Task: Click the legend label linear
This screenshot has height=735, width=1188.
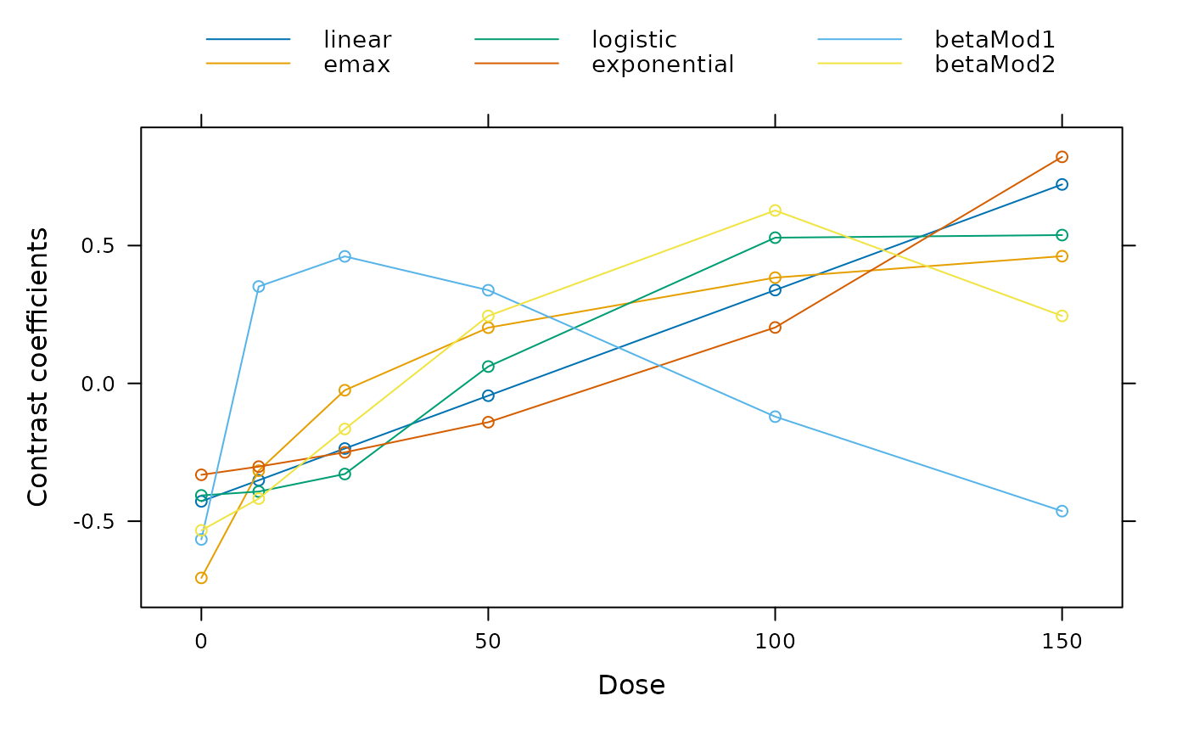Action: tap(357, 40)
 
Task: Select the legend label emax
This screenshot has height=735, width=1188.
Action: tap(357, 65)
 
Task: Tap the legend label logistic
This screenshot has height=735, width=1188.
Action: tap(634, 40)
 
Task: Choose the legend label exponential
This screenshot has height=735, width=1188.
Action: tap(663, 65)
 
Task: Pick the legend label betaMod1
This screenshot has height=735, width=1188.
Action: tap(995, 40)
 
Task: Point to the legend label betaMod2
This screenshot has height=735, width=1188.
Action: tap(995, 65)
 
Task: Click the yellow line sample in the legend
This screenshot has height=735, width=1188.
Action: tap(860, 64)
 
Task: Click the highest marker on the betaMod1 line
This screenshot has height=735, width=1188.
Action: tap(345, 256)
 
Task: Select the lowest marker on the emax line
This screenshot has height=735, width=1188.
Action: tap(201, 578)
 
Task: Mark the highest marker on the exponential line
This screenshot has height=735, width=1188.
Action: tap(1062, 157)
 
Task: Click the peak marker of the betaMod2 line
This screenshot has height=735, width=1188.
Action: tap(775, 210)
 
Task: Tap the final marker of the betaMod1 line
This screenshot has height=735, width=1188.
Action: tap(1062, 511)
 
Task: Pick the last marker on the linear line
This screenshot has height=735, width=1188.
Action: tap(1062, 184)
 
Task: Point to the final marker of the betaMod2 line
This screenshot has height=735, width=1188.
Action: tap(1062, 316)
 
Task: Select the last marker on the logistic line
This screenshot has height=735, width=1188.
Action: tap(1062, 235)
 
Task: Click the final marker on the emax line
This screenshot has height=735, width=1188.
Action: tap(1062, 256)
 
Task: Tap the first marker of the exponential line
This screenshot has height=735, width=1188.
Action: tap(201, 474)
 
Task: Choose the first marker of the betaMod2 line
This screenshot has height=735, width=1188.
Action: tap(201, 530)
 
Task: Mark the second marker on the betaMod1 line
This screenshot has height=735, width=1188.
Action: tap(259, 286)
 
